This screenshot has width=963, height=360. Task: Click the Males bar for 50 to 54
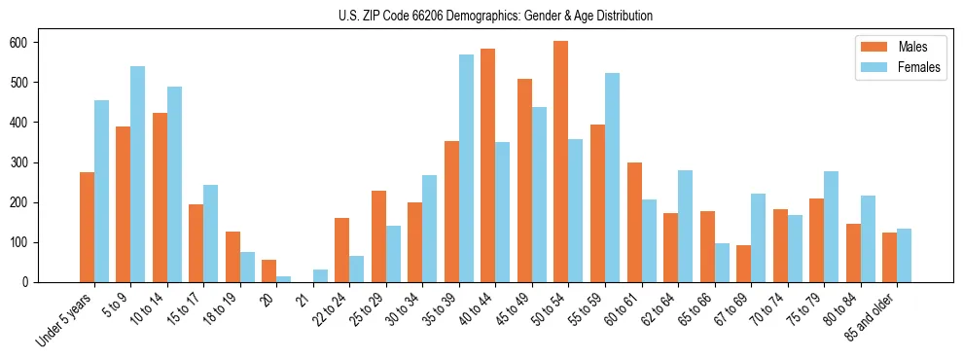point(561,162)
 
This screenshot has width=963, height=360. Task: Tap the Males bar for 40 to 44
point(488,165)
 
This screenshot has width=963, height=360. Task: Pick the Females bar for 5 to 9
point(137,174)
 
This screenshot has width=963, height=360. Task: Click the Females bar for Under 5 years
point(101,191)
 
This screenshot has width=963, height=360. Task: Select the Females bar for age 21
point(320,275)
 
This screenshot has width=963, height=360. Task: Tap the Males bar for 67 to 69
point(744,264)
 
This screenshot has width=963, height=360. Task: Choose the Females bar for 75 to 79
point(832,227)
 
